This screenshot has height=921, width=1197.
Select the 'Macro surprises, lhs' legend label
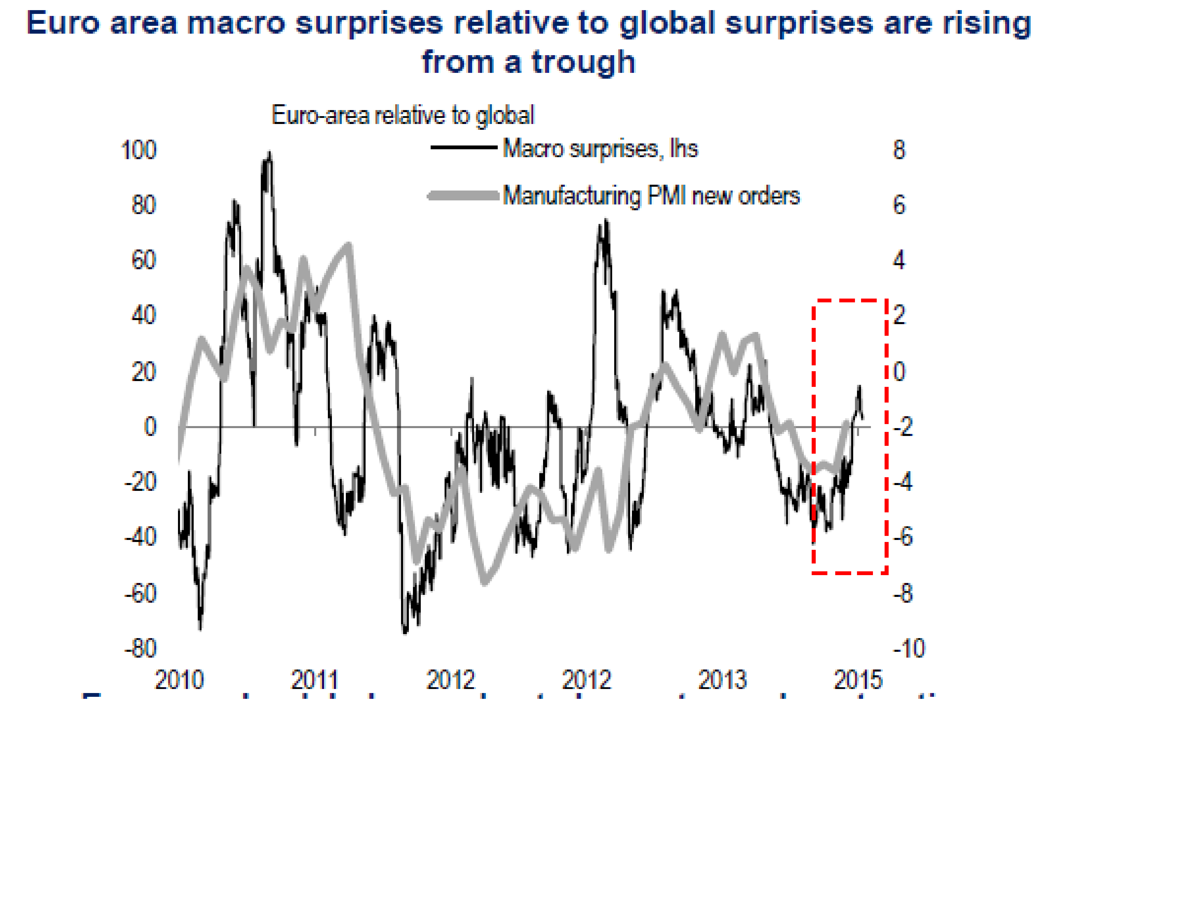pyautogui.click(x=600, y=149)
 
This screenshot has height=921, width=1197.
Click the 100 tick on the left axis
pyautogui.click(x=138, y=150)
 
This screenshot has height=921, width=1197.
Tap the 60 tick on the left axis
pyautogui.click(x=144, y=260)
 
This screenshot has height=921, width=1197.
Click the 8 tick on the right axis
pyautogui.click(x=899, y=150)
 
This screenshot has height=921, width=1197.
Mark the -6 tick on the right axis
pyautogui.click(x=903, y=537)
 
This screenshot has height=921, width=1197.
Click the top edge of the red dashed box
pyautogui.click(x=849, y=300)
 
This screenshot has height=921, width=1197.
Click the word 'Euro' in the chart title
pyautogui.click(x=63, y=24)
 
